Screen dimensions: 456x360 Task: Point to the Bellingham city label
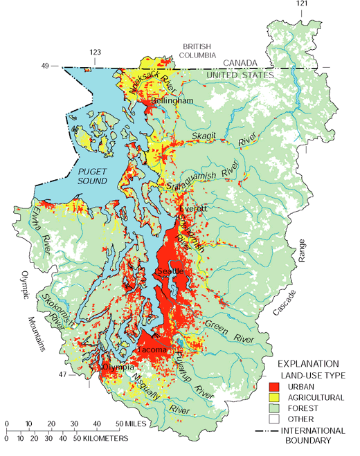tap(172, 101)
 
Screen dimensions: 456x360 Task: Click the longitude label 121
tap(301, 4)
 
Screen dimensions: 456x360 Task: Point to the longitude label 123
tap(96, 52)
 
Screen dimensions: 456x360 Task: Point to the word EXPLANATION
tap(307, 363)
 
